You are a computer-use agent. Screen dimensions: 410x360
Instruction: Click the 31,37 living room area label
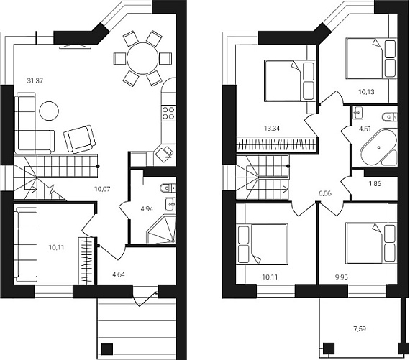click(35, 80)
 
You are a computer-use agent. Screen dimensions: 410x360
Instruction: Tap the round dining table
click(142, 58)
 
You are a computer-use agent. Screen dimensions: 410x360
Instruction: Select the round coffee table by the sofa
click(49, 111)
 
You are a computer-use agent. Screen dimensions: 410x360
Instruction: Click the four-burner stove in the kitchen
click(168, 113)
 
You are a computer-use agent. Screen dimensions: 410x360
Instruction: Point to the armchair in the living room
click(80, 139)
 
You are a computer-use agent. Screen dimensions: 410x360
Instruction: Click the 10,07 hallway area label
click(102, 188)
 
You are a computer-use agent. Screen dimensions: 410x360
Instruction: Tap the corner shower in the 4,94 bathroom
click(161, 229)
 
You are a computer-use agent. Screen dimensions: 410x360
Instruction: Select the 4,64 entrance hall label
click(119, 274)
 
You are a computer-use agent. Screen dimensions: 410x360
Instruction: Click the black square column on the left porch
click(107, 349)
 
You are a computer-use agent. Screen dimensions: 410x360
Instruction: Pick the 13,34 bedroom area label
click(272, 129)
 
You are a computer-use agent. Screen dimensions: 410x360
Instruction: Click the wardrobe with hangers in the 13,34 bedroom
click(277, 144)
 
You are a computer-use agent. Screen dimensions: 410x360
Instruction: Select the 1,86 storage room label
click(375, 184)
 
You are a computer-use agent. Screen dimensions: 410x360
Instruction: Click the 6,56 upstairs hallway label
click(324, 193)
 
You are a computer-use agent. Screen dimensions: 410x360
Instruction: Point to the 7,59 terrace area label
click(360, 328)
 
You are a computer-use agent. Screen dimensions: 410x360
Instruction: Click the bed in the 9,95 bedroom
click(371, 243)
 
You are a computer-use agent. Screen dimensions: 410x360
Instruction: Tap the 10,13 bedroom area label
click(366, 92)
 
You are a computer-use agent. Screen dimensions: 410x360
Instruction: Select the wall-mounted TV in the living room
click(75, 47)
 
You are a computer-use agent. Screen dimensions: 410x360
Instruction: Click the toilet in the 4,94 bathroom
click(168, 188)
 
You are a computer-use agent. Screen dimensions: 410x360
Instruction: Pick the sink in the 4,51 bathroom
click(357, 112)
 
